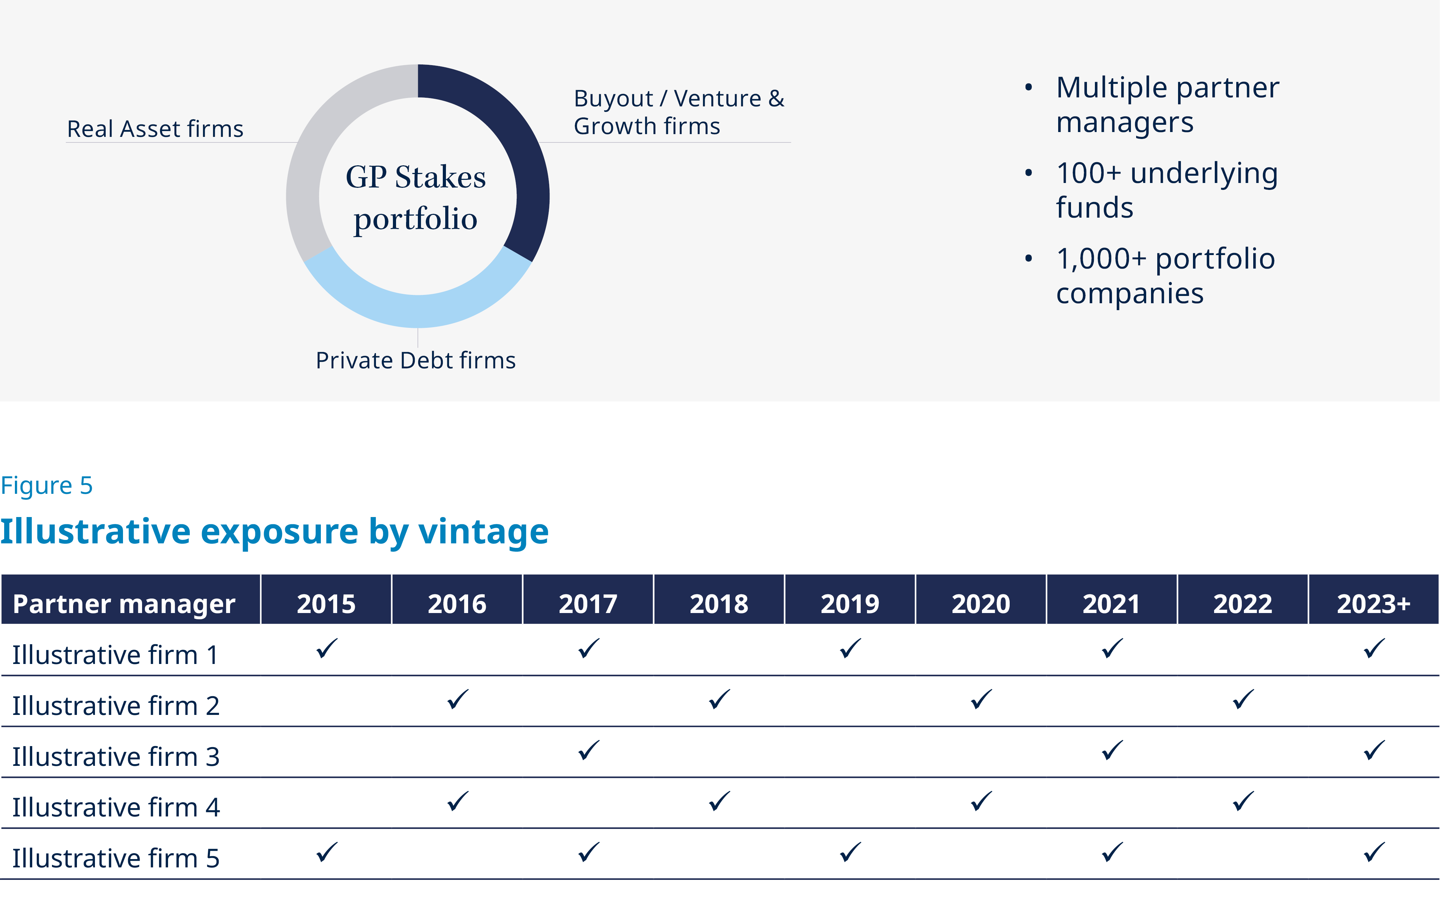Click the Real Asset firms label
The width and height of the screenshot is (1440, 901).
coord(155,129)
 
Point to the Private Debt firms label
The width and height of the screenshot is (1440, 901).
coord(415,360)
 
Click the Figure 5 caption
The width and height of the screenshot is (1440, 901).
coord(46,485)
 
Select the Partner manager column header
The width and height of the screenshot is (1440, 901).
coord(124,604)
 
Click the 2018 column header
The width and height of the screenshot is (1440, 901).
coord(719,604)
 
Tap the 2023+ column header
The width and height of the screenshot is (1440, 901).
coord(1373,604)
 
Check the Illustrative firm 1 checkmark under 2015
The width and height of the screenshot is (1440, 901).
coord(326,648)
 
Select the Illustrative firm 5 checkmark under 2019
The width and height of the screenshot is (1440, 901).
coord(850,852)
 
